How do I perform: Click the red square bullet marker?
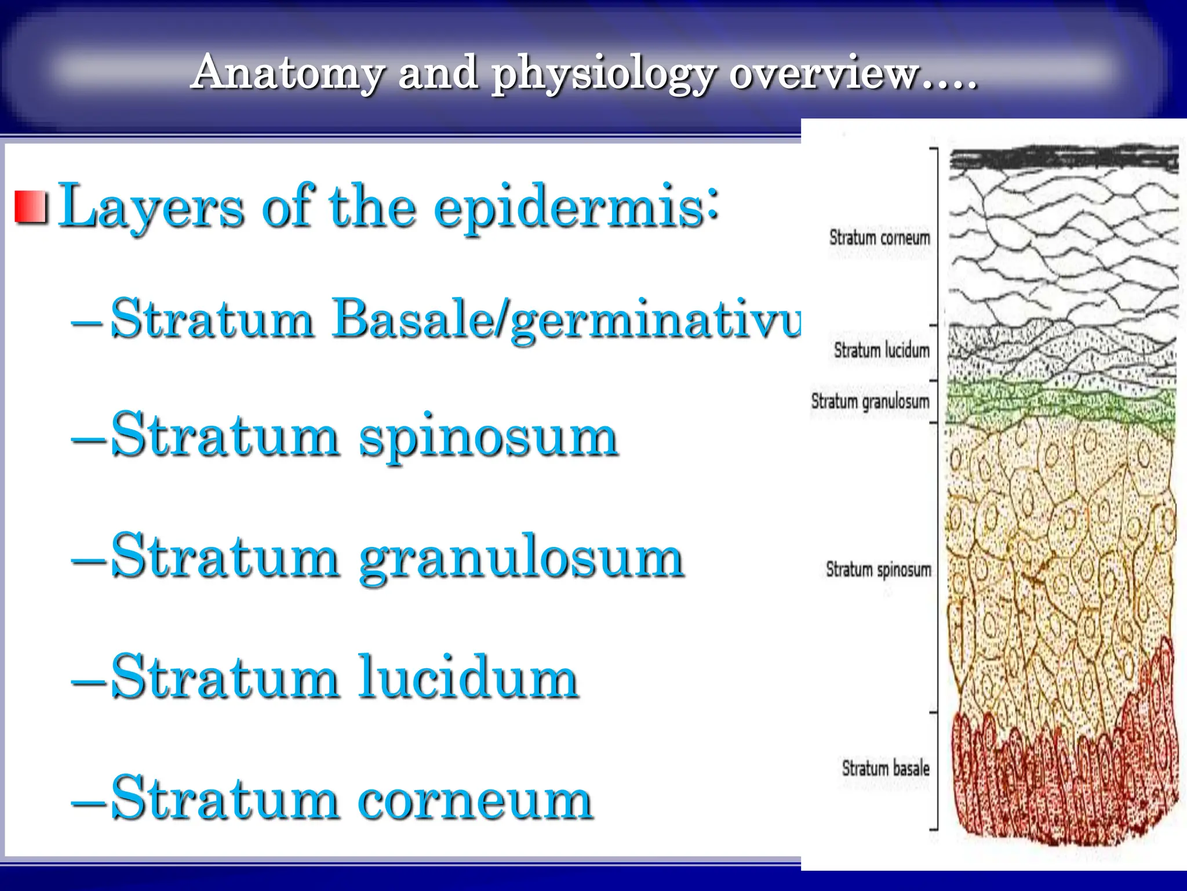click(x=31, y=207)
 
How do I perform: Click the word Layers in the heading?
click(x=151, y=208)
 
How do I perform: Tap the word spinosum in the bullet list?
click(x=488, y=438)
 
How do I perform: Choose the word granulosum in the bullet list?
click(x=522, y=558)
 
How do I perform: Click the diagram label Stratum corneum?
click(x=879, y=238)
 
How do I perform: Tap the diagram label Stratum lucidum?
click(x=882, y=350)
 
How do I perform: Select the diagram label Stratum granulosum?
click(x=870, y=401)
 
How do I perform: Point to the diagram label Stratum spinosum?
click(x=878, y=570)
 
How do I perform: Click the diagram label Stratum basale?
click(x=885, y=769)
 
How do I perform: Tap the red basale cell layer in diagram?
click(x=1061, y=789)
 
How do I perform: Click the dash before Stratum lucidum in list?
click(x=88, y=680)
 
